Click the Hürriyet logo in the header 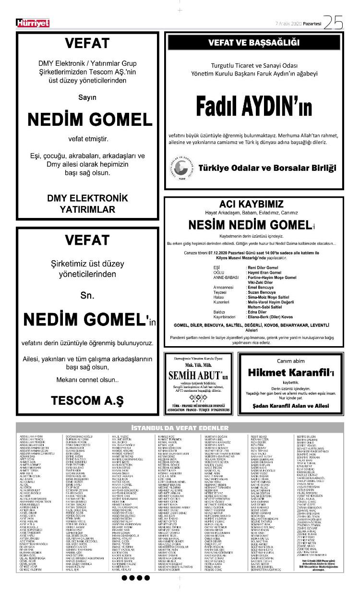pos(33,23)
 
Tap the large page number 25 pos(333,22)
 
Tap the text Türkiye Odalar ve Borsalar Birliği pos(267,168)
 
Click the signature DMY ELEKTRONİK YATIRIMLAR pos(87,204)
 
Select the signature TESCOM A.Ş pos(87,399)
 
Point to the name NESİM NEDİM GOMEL pos(250,224)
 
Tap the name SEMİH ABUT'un pos(201,374)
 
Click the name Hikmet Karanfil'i pos(291,373)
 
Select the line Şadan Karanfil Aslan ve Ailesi pos(291,406)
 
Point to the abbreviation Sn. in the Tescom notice pos(87,296)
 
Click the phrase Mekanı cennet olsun pos(87,380)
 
